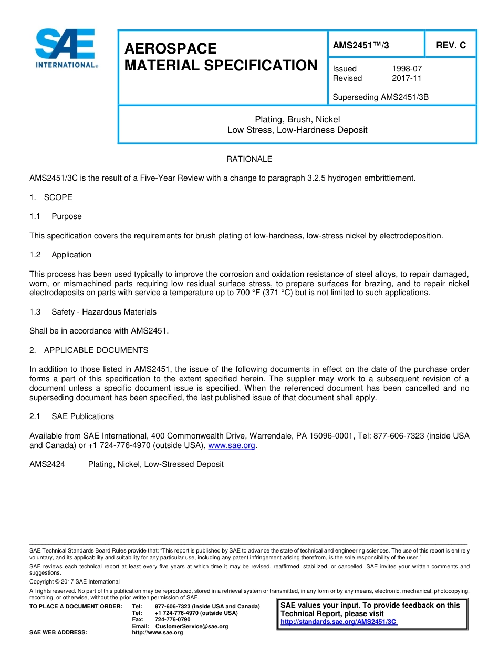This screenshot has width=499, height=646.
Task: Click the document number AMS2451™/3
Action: tap(361, 45)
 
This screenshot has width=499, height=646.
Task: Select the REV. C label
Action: tap(451, 45)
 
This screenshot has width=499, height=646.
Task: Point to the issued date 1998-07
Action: tap(407, 69)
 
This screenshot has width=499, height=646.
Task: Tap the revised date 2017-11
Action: tap(407, 78)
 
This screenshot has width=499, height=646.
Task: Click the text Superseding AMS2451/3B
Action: tap(380, 97)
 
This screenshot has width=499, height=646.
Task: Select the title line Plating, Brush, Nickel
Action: tap(297, 120)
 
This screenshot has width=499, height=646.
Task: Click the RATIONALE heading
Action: tap(249, 159)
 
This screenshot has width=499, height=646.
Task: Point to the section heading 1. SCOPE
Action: tap(51, 197)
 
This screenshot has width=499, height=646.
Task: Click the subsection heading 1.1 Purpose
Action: tap(56, 216)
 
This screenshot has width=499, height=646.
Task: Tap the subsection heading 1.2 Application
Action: tap(61, 255)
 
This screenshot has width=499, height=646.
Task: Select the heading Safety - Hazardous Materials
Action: tap(103, 312)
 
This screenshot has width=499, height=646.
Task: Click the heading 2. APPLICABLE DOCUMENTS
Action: tap(89, 350)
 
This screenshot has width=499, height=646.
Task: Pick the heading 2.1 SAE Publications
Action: tap(72, 416)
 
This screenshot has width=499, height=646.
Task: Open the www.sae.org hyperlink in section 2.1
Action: tap(232, 445)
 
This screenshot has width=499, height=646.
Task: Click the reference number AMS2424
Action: tap(47, 464)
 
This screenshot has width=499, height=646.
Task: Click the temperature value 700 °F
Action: tap(222, 293)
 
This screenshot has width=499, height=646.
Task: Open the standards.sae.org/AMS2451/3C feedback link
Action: tap(339, 622)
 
